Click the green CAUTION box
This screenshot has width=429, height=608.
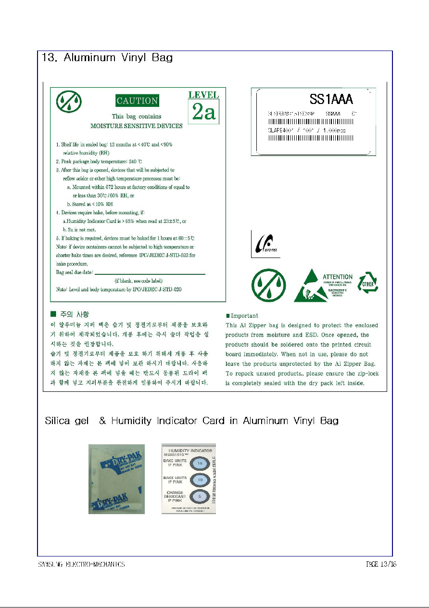point(137,101)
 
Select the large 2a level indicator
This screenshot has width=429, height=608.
point(203,112)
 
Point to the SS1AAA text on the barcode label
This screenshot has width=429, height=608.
point(331,100)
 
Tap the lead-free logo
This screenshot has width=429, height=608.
point(265,244)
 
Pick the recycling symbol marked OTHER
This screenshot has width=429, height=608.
point(368,283)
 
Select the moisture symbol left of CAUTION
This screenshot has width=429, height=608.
point(69,102)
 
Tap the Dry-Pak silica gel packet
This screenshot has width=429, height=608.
point(116,479)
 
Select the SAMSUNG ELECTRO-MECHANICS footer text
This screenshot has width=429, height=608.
point(81,564)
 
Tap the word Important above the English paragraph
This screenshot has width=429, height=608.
point(244,316)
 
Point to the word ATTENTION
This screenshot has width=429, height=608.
point(337,277)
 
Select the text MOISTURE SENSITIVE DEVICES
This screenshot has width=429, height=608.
point(137,126)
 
